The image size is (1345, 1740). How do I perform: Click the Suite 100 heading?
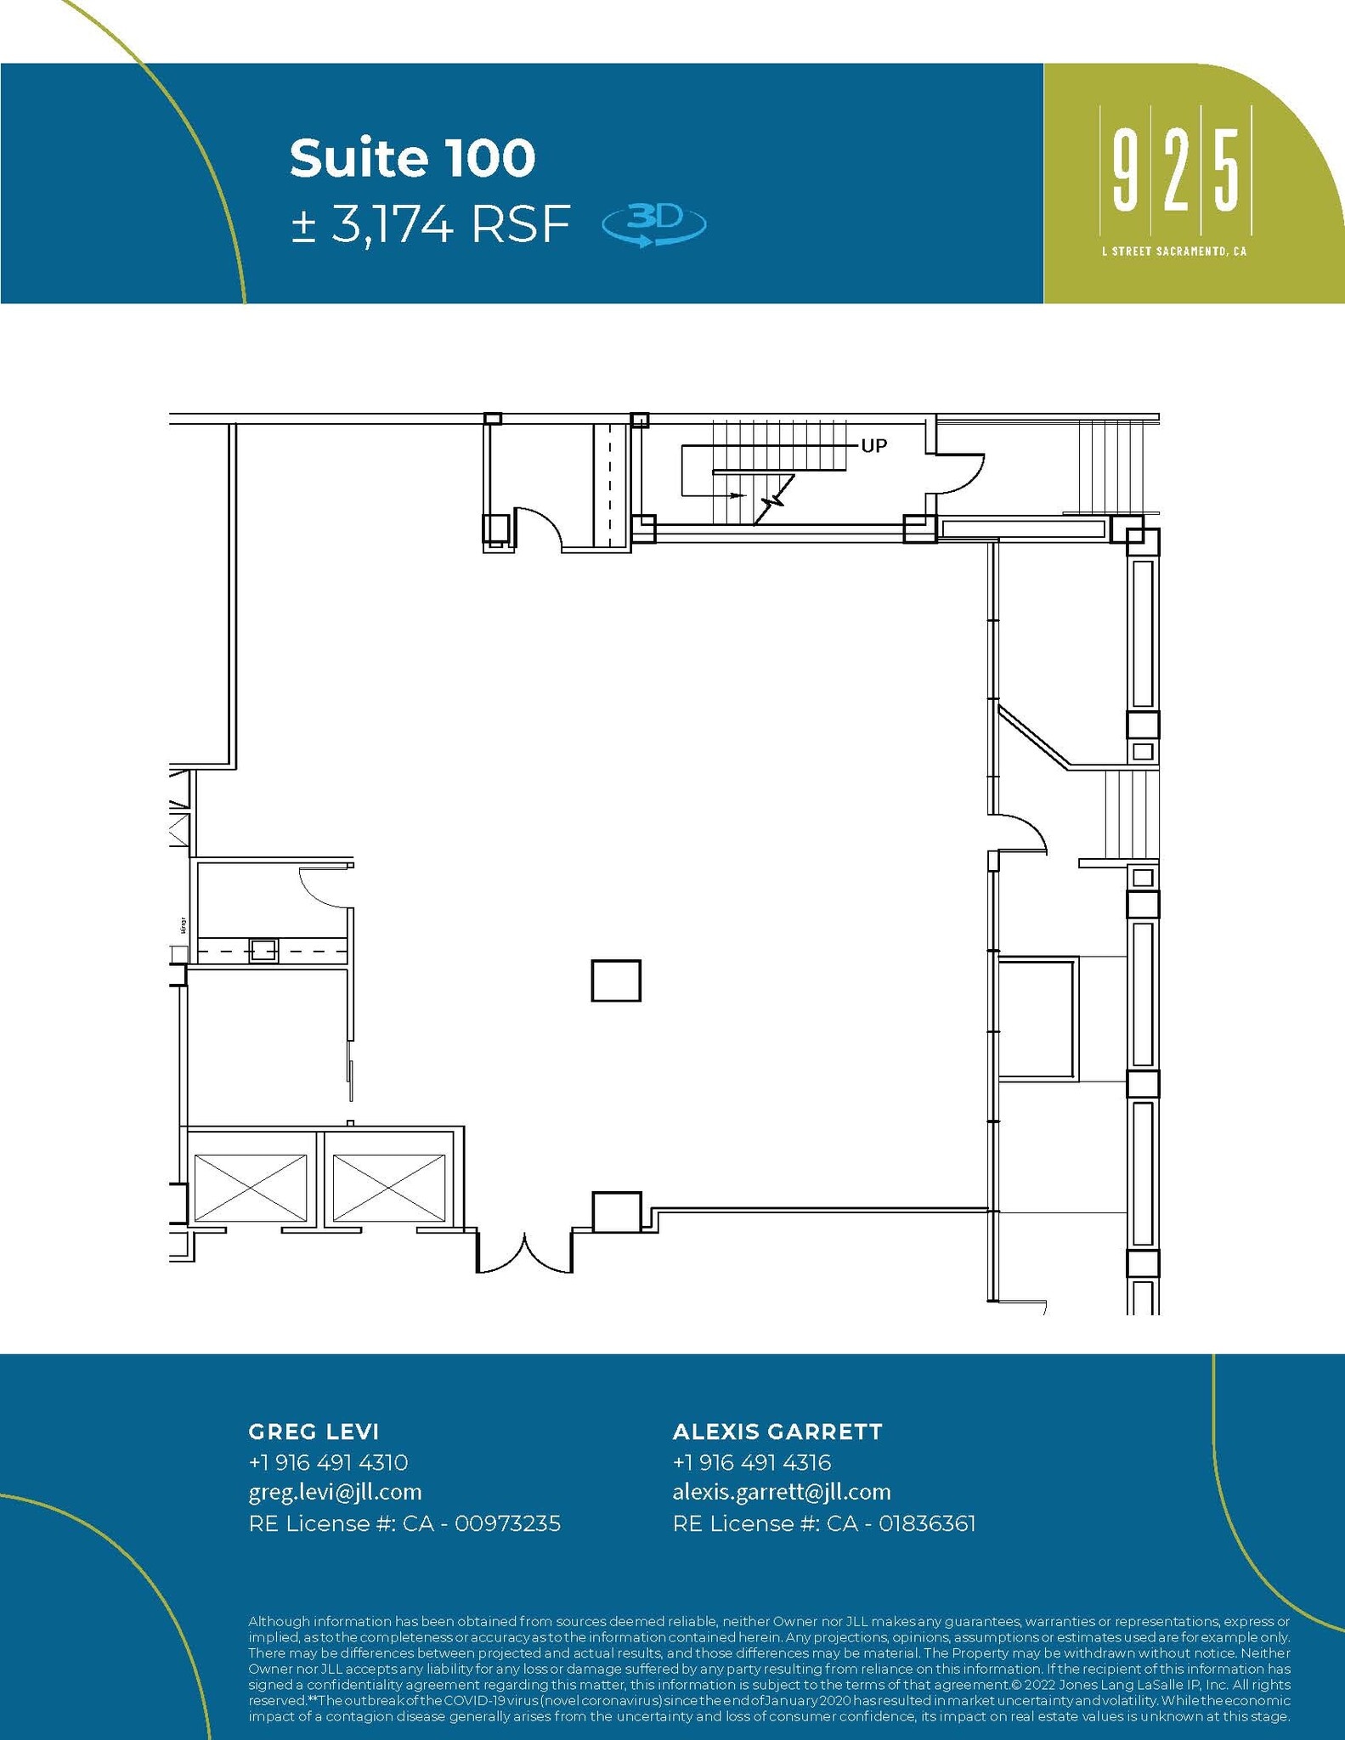412,158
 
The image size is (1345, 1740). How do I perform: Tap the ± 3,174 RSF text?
429,225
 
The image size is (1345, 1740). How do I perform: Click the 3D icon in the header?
653,225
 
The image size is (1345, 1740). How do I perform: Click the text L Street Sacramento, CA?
1173,251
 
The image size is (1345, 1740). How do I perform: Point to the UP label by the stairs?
873,446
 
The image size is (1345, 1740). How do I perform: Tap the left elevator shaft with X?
251,1187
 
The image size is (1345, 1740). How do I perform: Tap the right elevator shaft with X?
388,1187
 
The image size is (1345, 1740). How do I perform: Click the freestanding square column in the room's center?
616,980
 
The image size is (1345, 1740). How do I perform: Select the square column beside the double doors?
616,1212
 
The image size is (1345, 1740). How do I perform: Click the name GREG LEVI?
313,1432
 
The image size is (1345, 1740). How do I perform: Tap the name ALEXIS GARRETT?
777,1432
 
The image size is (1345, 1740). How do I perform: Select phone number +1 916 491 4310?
328,1462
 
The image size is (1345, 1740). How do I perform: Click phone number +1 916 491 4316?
751,1462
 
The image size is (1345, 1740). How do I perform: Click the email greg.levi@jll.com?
335,1492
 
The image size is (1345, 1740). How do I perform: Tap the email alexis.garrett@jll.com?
782,1492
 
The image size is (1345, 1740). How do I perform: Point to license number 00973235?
507,1523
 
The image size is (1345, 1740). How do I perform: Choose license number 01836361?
927,1523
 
